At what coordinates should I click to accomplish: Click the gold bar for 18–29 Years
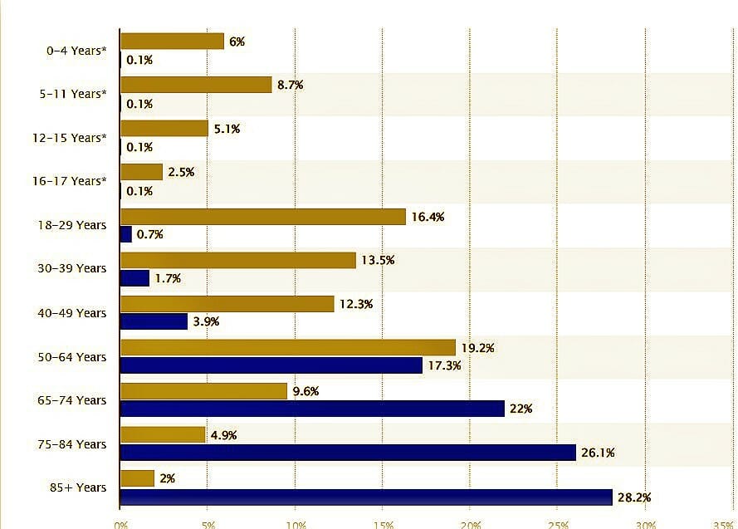(x=263, y=217)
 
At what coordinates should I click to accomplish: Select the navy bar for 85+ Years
(x=366, y=497)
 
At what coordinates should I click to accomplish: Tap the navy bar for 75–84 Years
(x=348, y=453)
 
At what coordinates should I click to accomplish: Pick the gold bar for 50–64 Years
(x=288, y=347)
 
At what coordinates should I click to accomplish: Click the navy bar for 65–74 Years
(x=312, y=409)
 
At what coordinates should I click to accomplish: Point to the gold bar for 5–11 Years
(x=196, y=85)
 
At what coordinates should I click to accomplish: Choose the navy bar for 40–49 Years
(x=154, y=321)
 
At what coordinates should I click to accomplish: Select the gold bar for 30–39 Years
(x=238, y=260)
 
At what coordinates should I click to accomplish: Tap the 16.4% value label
(x=428, y=217)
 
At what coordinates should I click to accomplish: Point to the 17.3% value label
(x=444, y=365)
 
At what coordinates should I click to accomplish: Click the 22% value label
(x=521, y=409)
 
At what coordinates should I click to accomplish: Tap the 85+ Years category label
(x=79, y=487)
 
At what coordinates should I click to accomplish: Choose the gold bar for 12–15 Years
(x=164, y=129)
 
